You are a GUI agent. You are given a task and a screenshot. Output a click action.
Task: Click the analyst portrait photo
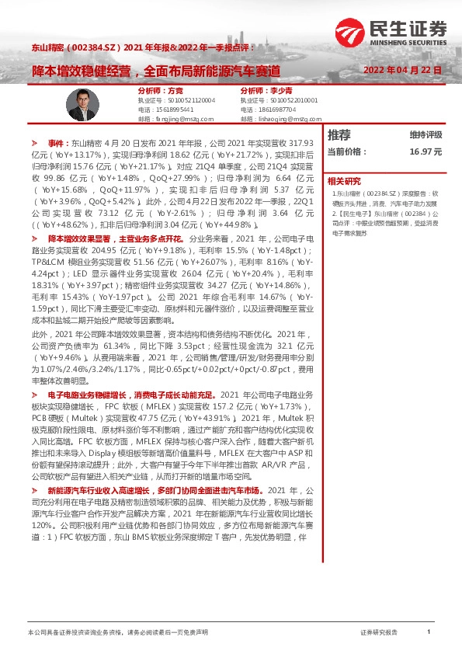(x=82, y=105)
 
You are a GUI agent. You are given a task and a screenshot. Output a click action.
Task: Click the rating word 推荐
(x=339, y=134)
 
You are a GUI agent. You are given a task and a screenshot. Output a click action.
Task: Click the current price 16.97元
(x=426, y=152)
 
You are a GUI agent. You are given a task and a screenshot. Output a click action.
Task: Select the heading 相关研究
(x=344, y=180)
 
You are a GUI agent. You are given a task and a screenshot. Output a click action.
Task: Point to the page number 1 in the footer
(x=429, y=633)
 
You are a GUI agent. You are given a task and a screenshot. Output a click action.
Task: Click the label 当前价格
(x=346, y=152)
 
